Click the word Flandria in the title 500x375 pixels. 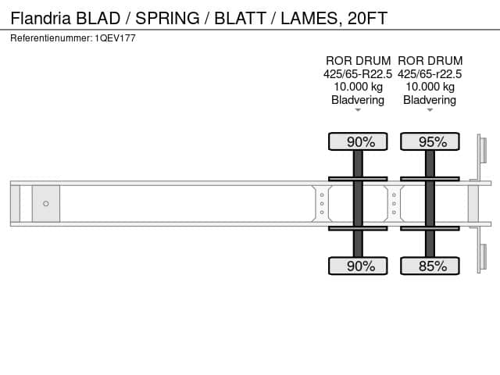point(41,18)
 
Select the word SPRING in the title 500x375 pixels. point(167,18)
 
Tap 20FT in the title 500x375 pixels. point(367,18)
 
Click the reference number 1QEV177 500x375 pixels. point(115,38)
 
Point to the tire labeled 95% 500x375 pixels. point(430,141)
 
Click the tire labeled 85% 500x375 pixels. point(430,266)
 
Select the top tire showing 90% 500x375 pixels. point(358,141)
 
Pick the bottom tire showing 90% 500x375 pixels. point(358,266)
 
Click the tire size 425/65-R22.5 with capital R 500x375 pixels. point(358,74)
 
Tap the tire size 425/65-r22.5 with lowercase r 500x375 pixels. point(430,74)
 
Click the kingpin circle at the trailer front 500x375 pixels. point(46,203)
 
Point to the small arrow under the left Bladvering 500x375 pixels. point(358,110)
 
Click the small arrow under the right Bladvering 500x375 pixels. point(430,110)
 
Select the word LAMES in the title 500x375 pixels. point(310,19)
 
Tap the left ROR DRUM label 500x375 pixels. point(358,61)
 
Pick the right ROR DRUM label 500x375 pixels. point(430,61)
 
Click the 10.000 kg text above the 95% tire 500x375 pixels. point(430,87)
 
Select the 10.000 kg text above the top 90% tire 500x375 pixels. point(358,87)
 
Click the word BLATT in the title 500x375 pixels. point(240,18)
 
